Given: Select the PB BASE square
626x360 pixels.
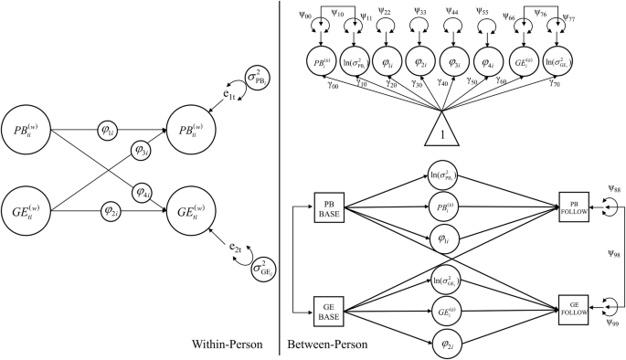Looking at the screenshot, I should (327, 206).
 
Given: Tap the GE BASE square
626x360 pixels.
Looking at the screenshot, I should (327, 309).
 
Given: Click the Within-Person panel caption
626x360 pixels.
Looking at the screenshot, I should (228, 344).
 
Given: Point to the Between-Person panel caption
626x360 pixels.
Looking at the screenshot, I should (327, 344).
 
